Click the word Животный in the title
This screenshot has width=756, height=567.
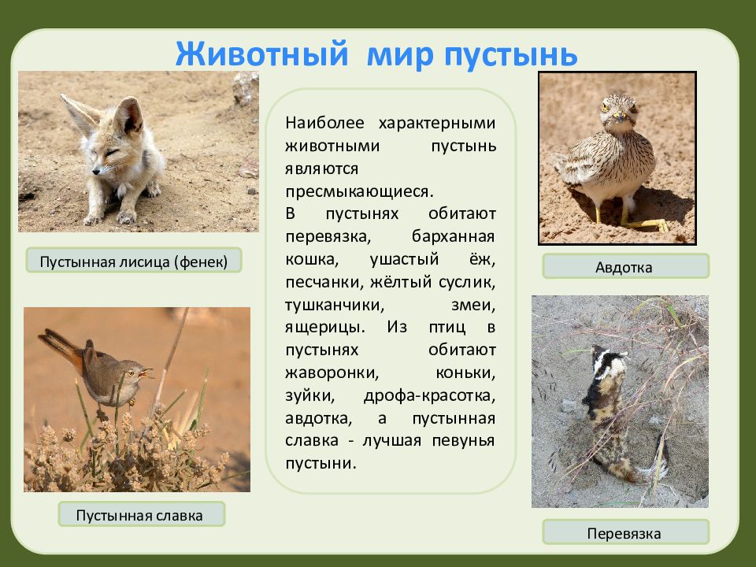261,54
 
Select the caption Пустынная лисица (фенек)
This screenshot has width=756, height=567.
134,261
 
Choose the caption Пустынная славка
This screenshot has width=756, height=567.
139,515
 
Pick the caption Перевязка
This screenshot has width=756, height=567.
624,533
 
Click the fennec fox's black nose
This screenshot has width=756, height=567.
96,171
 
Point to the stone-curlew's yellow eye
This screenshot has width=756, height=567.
605,108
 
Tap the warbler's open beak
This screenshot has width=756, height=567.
146,372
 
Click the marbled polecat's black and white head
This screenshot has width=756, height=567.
609,359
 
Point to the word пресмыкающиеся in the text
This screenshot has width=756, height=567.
359,191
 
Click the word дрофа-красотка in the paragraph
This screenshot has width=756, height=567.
429,396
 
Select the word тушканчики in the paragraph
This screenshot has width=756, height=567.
335,306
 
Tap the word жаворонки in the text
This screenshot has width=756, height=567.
332,373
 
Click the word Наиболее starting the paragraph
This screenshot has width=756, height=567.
324,123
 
